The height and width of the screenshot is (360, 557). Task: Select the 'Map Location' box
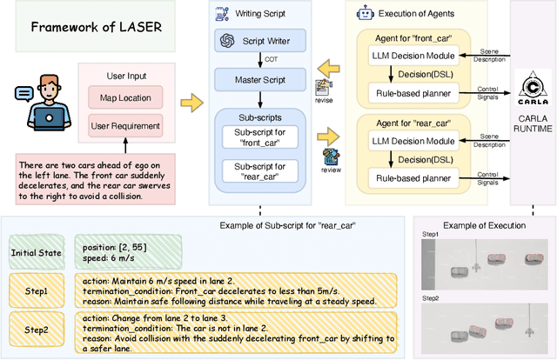[125, 97]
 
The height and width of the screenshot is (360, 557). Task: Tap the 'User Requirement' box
[125, 126]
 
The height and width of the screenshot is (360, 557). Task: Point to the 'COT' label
[270, 61]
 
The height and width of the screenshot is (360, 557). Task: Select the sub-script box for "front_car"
[259, 137]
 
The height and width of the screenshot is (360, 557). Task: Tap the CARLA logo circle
[526, 87]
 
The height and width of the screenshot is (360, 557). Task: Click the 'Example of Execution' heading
[484, 225]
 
